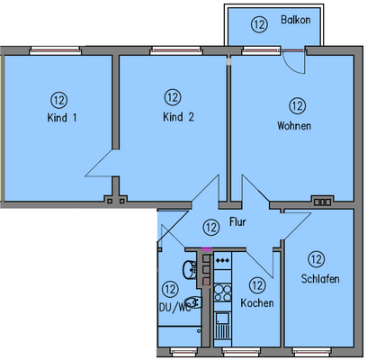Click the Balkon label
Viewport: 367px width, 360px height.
tap(295, 21)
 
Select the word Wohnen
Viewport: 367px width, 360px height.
tap(294, 126)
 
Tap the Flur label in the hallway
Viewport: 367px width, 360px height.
tap(238, 220)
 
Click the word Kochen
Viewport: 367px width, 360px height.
tap(257, 303)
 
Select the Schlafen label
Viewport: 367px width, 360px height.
tap(320, 279)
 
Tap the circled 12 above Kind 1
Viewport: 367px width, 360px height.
tap(58, 99)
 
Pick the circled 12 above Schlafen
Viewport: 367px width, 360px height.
tap(316, 258)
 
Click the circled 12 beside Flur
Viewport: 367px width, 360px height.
tap(210, 227)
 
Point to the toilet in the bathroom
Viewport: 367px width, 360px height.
tap(192, 302)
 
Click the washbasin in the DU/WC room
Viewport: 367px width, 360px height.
tap(187, 268)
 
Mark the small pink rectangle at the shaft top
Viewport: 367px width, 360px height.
tap(207, 249)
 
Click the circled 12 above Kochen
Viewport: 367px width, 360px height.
tap(256, 285)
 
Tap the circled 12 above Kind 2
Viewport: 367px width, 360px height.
tap(173, 96)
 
